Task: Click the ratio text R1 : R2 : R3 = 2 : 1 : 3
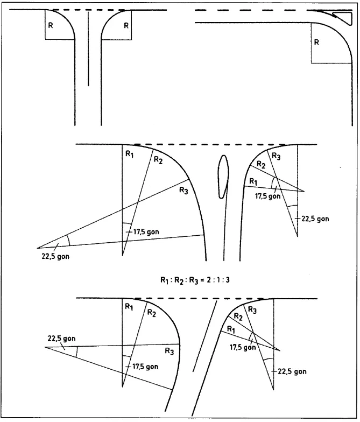point(195,280)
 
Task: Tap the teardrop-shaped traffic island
point(223,177)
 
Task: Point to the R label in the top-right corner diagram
point(316,42)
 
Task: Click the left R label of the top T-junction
point(51,26)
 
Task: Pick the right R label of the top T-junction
point(126,26)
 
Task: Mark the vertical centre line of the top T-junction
point(88,48)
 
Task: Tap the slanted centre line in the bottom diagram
point(204,336)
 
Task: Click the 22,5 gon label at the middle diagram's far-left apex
point(55,256)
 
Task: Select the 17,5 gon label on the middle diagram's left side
point(146,231)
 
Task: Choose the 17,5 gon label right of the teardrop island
point(268,196)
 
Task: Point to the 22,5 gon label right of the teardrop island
point(315,219)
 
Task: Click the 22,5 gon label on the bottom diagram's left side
point(61,338)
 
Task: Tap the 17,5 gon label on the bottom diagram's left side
point(145,367)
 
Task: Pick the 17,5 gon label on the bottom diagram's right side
point(242,347)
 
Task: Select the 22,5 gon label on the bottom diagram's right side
point(292,371)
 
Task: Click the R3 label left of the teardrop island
point(184,191)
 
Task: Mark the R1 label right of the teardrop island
point(253,182)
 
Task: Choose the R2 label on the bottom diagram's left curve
point(152,313)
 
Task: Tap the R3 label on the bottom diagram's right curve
point(252,310)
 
